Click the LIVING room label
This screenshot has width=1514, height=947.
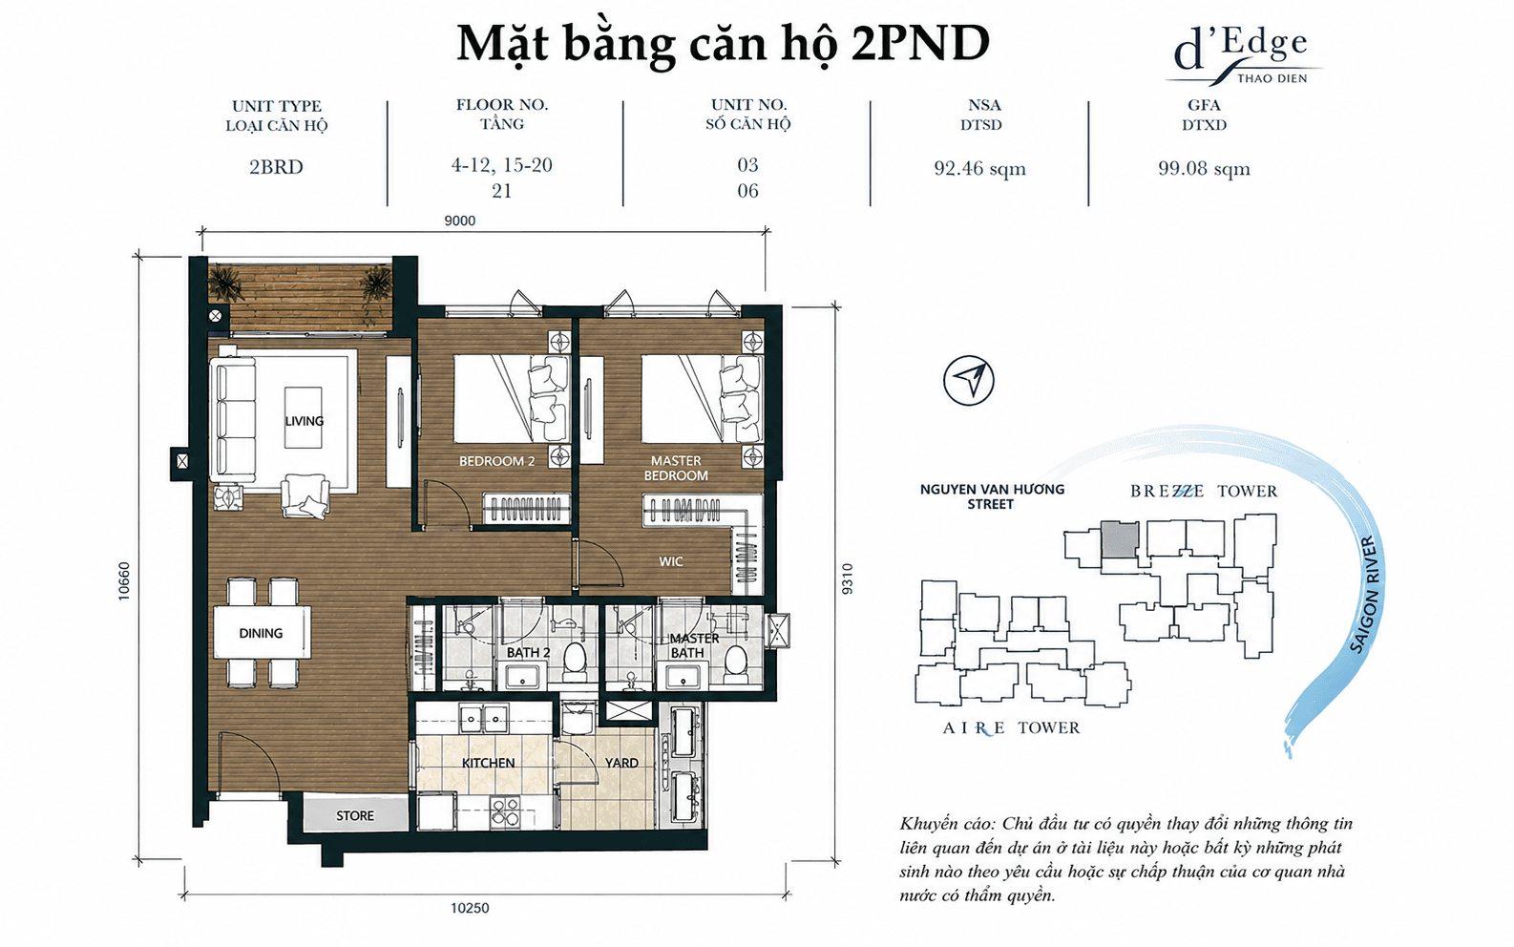click(305, 421)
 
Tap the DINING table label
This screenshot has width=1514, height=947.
click(261, 633)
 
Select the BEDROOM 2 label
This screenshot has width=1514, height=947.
click(496, 461)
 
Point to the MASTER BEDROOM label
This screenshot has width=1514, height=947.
click(676, 468)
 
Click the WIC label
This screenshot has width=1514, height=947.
click(671, 561)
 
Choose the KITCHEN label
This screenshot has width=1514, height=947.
click(488, 763)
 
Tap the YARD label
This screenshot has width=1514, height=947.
click(621, 763)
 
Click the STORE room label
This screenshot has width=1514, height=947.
click(355, 816)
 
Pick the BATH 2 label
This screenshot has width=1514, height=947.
click(529, 652)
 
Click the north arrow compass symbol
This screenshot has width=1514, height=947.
click(969, 380)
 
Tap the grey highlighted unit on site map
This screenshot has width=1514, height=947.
click(1120, 539)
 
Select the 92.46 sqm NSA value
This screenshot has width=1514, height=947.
click(980, 168)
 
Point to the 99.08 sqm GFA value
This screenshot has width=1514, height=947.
click(1205, 168)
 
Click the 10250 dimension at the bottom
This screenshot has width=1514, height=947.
click(470, 908)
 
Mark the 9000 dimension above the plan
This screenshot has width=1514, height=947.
click(459, 221)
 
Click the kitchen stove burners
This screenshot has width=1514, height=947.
click(505, 812)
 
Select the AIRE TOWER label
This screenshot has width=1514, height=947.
click(1011, 728)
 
